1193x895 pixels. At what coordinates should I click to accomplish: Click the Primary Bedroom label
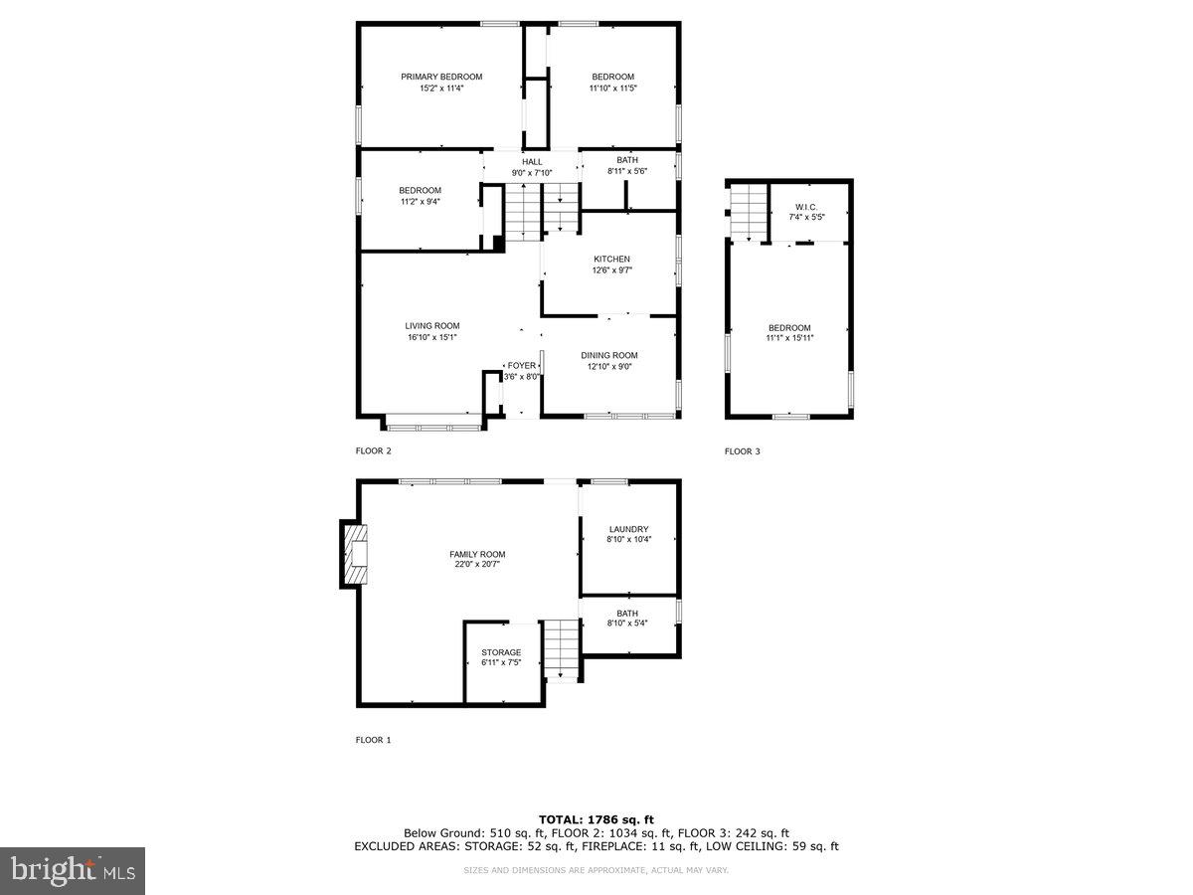(x=441, y=77)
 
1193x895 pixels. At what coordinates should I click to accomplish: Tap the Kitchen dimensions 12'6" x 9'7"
(x=612, y=270)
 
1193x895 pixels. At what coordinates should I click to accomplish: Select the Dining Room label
(x=609, y=355)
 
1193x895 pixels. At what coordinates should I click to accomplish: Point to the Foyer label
(x=521, y=366)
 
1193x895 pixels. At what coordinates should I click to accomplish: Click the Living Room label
(x=432, y=325)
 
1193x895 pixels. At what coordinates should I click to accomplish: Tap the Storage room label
(x=501, y=652)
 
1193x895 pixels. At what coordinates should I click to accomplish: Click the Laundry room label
(x=629, y=529)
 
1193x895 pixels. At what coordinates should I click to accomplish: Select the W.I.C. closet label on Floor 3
(x=805, y=206)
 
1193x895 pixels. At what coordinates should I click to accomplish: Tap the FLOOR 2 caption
(x=374, y=451)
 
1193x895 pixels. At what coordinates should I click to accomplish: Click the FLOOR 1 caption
(x=374, y=740)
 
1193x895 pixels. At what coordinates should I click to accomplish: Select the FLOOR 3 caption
(x=743, y=451)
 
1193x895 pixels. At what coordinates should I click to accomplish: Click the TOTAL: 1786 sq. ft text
(x=596, y=819)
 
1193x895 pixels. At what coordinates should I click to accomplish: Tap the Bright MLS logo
(x=73, y=870)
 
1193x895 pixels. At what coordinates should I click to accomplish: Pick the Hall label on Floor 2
(x=533, y=161)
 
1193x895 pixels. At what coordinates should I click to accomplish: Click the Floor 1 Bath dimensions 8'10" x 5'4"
(x=627, y=624)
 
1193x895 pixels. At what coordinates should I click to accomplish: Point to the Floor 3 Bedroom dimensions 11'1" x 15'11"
(x=789, y=338)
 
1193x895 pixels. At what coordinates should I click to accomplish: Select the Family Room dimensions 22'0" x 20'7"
(x=477, y=565)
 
